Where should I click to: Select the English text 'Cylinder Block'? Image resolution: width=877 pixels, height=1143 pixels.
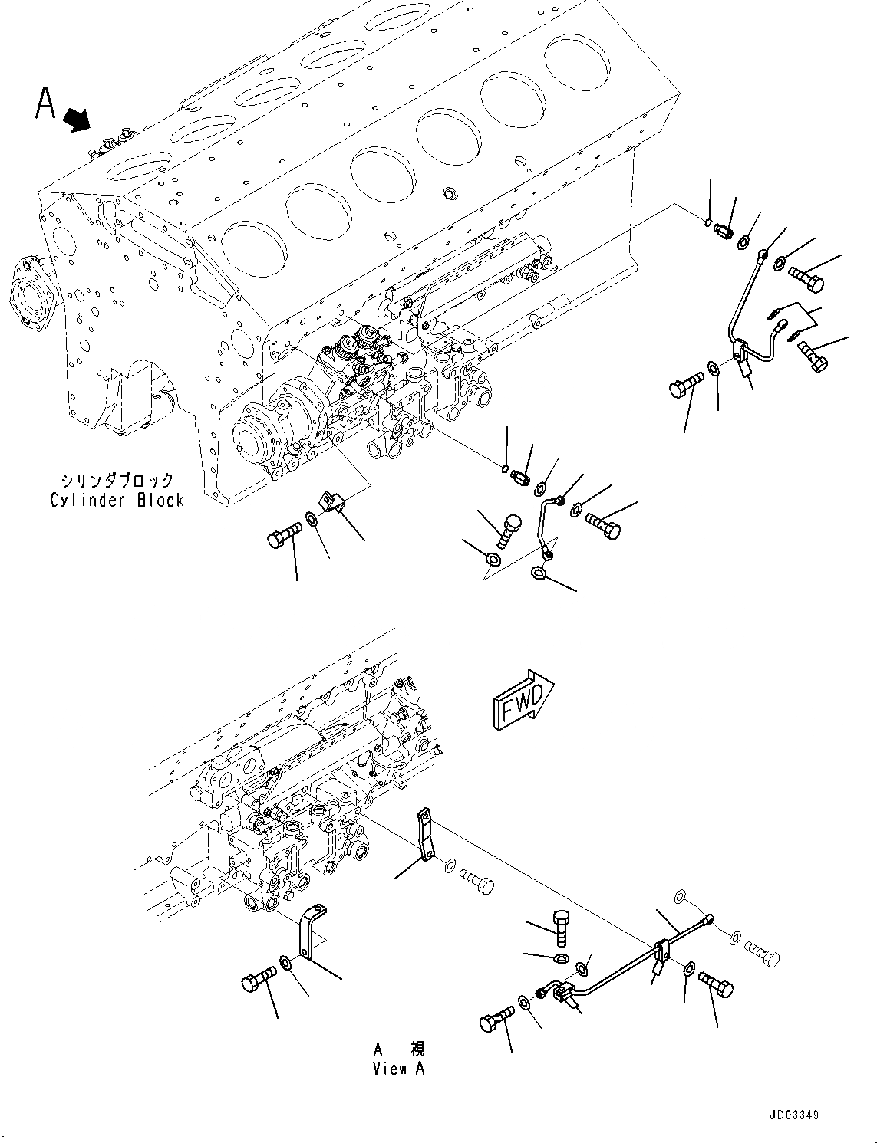[x=117, y=500]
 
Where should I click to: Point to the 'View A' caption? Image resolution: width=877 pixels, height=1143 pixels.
[x=398, y=1068]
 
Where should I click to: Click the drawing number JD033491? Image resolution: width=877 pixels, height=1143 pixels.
[x=794, y=1115]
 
